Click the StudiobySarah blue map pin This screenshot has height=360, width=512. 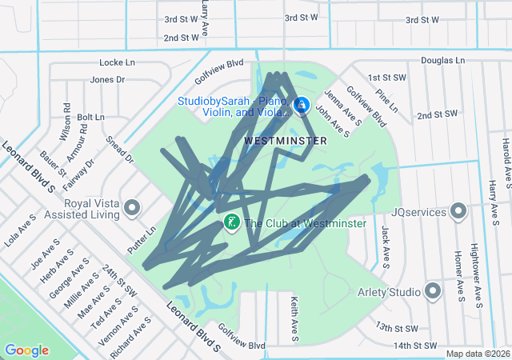(x=302, y=105)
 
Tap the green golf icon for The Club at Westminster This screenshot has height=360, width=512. (x=230, y=222)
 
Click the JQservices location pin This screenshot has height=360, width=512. (x=458, y=211)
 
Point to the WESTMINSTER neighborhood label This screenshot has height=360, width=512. (x=285, y=140)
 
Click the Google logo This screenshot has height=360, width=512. (x=26, y=350)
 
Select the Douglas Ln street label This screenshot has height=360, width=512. (x=442, y=60)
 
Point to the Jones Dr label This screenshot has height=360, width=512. (x=107, y=79)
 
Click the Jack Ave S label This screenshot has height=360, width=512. (x=386, y=246)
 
